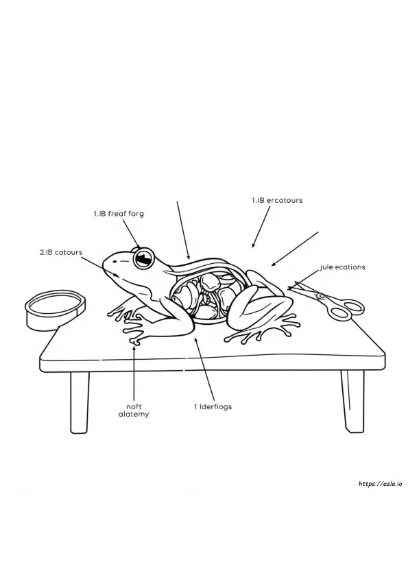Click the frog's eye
(x=143, y=258)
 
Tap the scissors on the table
(x=326, y=300)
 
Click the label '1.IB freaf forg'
(x=119, y=213)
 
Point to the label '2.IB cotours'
(x=61, y=252)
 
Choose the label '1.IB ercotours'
(x=277, y=200)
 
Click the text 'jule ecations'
(x=342, y=267)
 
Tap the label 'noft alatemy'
(x=134, y=410)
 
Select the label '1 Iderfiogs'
(x=213, y=406)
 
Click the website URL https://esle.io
(x=381, y=484)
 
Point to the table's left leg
(x=80, y=402)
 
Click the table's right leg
(x=352, y=401)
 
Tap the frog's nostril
(x=115, y=262)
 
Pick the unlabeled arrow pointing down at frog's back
(x=183, y=230)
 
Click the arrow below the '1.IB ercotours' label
(x=261, y=227)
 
